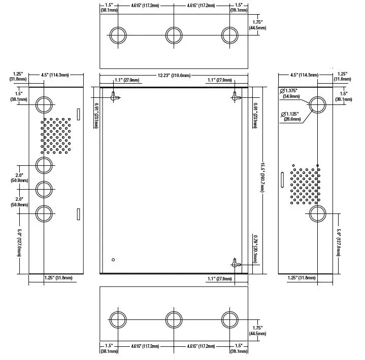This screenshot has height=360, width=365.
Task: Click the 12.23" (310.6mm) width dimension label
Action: [174, 76]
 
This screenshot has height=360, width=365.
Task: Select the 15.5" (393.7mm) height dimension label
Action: [262, 177]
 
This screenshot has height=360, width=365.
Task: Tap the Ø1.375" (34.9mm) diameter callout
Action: [290, 93]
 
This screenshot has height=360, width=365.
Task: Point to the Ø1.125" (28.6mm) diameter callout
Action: [290, 117]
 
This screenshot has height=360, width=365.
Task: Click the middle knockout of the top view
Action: [174, 35]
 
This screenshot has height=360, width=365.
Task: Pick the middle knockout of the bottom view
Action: [174, 320]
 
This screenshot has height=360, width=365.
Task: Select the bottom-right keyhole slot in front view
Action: [236, 263]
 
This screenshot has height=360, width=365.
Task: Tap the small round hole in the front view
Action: [113, 260]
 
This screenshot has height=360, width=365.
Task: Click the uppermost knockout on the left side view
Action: [44, 104]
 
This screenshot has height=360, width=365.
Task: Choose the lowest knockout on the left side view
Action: [44, 213]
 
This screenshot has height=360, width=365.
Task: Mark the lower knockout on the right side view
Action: [317, 213]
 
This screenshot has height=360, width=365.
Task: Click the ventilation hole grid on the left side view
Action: [56, 136]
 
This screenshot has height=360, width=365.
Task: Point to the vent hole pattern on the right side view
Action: [305, 185]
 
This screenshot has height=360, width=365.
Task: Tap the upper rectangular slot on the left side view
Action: [79, 114]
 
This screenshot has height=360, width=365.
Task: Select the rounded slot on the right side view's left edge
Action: [282, 179]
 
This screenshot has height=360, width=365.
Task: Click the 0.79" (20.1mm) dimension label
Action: [255, 249]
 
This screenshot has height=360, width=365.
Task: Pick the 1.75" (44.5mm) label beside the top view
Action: [257, 25]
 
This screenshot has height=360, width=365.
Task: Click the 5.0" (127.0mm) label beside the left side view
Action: [19, 243]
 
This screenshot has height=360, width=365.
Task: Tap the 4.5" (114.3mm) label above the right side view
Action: [304, 75]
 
